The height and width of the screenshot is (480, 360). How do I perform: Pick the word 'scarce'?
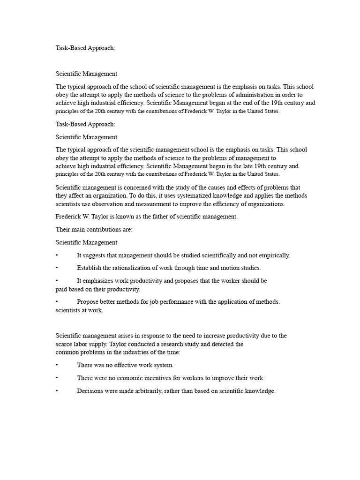65,344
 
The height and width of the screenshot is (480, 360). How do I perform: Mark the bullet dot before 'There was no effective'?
57,365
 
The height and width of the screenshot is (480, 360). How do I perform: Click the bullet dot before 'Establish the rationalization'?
57,268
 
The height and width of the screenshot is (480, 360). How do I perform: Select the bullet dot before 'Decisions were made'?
57,391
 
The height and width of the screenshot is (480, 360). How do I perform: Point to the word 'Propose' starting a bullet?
88,302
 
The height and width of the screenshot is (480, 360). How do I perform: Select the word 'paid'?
62,289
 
